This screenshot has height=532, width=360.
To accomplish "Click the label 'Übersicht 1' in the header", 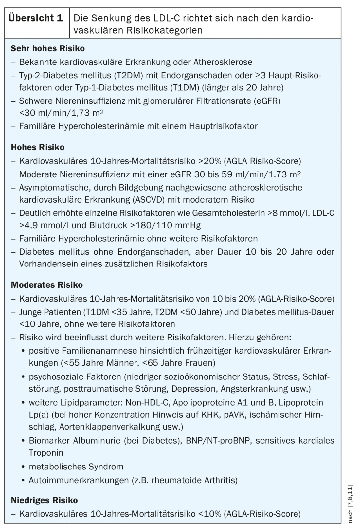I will click(36, 18).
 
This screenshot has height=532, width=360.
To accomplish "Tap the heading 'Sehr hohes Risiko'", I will click(48, 49).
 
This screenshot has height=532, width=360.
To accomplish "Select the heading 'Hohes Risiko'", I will click(38, 147).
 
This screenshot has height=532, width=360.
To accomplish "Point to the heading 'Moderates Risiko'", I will click(47, 285).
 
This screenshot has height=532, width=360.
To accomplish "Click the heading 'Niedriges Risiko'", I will click(44, 500).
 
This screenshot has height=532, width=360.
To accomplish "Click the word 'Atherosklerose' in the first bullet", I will click(223, 62).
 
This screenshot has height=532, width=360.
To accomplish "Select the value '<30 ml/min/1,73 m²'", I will click(62, 113).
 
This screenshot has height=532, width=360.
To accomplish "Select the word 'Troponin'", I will click(46, 453).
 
